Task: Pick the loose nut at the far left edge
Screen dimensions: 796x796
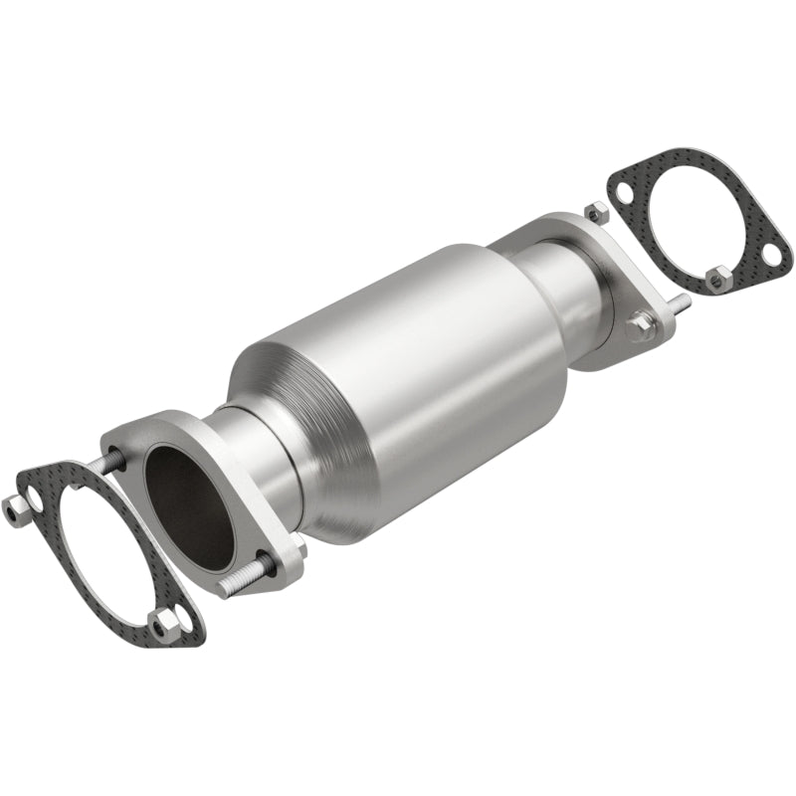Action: click(x=15, y=508)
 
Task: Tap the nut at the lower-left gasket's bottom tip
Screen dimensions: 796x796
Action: click(x=164, y=623)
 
